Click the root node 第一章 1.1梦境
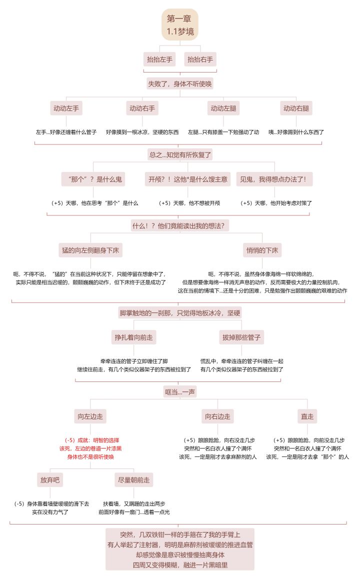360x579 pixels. pyautogui.click(x=180, y=24)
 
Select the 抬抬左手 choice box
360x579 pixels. pyautogui.click(x=159, y=59)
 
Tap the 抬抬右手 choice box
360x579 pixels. pyautogui.click(x=200, y=59)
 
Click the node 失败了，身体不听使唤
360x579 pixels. pyautogui.click(x=180, y=84)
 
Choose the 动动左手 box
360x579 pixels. pyautogui.click(x=66, y=108)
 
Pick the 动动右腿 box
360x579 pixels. pyautogui.click(x=296, y=108)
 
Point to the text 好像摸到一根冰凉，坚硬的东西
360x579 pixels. pyautogui.click(x=142, y=132)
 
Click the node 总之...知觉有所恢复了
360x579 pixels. pyautogui.click(x=180, y=154)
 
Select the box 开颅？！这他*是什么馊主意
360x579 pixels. pyautogui.click(x=188, y=179)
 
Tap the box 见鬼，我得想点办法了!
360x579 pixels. pyautogui.click(x=273, y=179)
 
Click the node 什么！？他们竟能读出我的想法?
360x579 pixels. pyautogui.click(x=180, y=225)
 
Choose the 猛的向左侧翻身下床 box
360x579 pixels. pyautogui.click(x=90, y=250)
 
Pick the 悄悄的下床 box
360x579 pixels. pyautogui.click(x=262, y=250)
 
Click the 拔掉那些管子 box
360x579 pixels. pyautogui.click(x=241, y=337)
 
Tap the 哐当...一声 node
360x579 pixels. pyautogui.click(x=180, y=392)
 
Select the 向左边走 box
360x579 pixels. pyautogui.click(x=90, y=416)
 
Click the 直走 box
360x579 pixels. pyautogui.click(x=307, y=416)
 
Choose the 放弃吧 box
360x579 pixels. pyautogui.click(x=50, y=479)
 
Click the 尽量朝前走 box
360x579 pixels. pyautogui.click(x=133, y=479)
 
